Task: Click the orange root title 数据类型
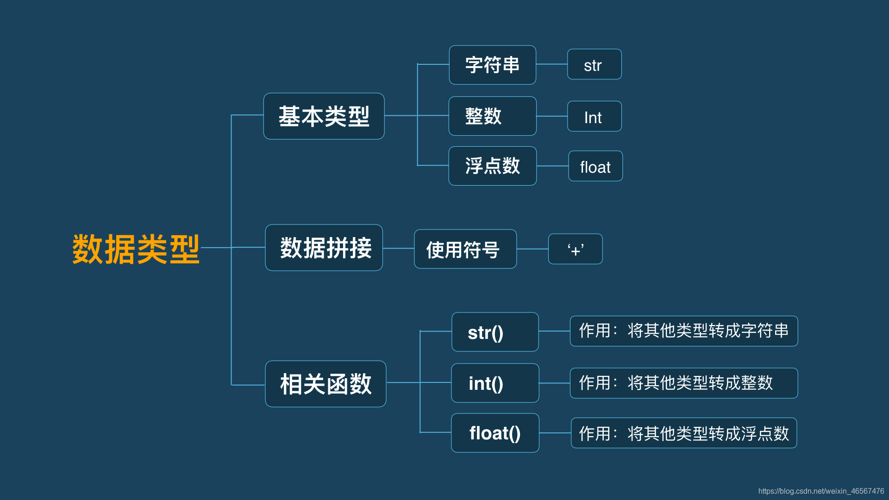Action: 136,249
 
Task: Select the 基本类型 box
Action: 324,116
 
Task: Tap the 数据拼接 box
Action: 324,248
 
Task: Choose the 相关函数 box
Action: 326,384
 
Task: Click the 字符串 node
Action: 492,65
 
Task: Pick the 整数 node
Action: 492,116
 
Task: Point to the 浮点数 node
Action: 492,166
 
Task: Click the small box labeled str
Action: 594,64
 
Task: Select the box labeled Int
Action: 594,116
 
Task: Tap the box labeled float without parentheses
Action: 595,166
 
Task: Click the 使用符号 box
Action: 465,249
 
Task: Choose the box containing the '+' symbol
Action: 575,249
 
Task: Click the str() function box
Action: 495,332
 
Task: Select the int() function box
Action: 495,383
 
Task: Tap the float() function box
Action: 495,433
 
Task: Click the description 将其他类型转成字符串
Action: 683,331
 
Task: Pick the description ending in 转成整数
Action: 683,383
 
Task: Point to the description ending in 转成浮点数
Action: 683,433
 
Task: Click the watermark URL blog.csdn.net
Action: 821,491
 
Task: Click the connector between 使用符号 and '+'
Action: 532,249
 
